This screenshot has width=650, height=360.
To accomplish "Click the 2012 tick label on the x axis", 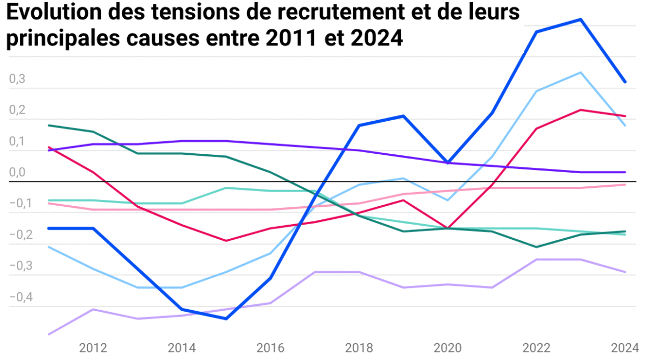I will tap(93, 347).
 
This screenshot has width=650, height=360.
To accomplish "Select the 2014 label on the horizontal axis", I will tap(181, 347).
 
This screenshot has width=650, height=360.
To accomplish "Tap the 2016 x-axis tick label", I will tap(270, 347).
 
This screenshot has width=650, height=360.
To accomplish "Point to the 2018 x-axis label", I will tap(359, 347).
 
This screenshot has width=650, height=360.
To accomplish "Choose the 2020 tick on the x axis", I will tap(448, 347).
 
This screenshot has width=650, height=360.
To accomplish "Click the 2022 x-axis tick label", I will tap(537, 347).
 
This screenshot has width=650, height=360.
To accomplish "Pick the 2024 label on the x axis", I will tap(625, 347).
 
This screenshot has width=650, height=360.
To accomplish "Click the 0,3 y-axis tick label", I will tap(17, 79).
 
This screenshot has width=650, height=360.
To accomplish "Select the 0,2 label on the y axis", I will tap(17, 110).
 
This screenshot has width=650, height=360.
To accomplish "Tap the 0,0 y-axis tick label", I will tap(17, 173).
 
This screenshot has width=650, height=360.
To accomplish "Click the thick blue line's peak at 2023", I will tap(581, 19).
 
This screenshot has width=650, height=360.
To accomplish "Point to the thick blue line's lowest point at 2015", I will tap(226, 318).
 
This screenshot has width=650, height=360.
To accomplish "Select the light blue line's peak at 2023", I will tap(581, 73).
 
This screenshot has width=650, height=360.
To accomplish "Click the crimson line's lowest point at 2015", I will tap(226, 241).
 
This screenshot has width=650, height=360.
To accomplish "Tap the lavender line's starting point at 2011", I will tap(49, 334).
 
